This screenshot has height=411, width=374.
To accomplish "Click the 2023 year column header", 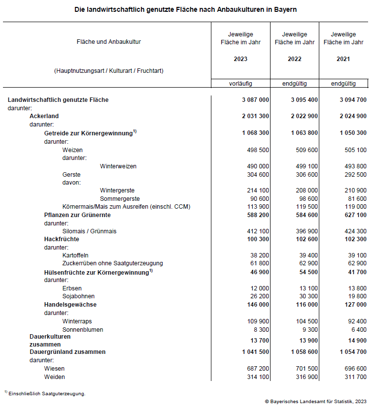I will coord(240,59).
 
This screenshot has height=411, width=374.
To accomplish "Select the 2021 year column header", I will coord(343,59).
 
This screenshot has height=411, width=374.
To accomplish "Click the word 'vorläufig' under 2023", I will coord(240,84).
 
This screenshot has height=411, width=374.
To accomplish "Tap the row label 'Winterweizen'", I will coord(118,166).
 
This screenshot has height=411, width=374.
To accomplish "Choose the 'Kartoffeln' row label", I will coord(75,255).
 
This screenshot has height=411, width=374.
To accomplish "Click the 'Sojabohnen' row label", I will coord(78,296).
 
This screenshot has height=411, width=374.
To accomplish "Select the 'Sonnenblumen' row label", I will coord(82,329).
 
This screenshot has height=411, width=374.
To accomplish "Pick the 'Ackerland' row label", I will coord(44,116).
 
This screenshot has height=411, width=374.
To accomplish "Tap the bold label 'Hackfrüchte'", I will coord(62,239).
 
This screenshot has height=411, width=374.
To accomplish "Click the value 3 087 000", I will coord(255,100).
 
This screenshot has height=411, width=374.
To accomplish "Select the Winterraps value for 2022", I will coord(304,321).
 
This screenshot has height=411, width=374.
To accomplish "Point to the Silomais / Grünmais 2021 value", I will coord(353,231).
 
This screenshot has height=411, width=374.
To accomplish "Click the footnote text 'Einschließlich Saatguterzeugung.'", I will coord(47,394).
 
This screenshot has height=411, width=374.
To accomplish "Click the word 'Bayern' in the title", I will coord(285,9).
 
